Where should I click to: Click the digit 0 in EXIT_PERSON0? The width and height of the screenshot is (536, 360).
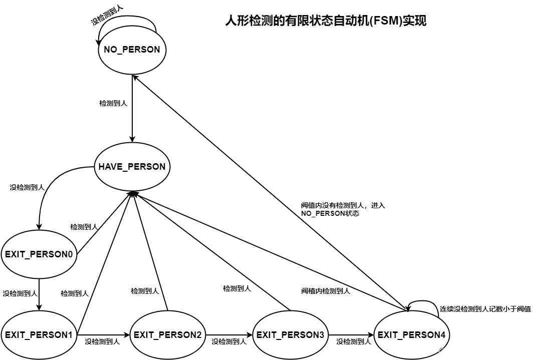click(x=70, y=254)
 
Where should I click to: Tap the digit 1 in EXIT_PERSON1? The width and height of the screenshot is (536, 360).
click(x=70, y=335)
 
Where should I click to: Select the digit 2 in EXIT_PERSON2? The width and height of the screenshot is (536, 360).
click(x=199, y=335)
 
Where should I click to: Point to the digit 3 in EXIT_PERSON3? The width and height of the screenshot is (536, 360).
click(x=322, y=335)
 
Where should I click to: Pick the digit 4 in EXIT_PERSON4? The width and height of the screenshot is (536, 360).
click(x=443, y=335)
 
